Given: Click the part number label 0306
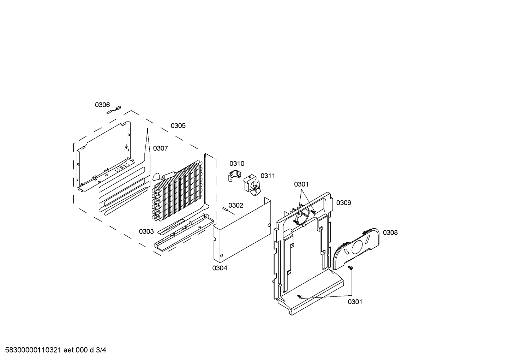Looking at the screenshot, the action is tap(102, 105).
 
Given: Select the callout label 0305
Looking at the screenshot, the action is tap(178, 126).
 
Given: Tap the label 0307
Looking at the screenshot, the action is tap(160, 148).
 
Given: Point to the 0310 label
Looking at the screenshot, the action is tap(237, 164).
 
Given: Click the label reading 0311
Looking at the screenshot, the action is tap(268, 176).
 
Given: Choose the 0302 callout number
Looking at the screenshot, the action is tap(236, 206).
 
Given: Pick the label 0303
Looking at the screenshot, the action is tap(146, 231).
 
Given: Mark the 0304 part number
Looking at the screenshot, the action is tap(220, 268).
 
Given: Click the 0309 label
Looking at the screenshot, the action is tap(343, 203).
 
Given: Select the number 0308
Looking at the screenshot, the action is tap(390, 233).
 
